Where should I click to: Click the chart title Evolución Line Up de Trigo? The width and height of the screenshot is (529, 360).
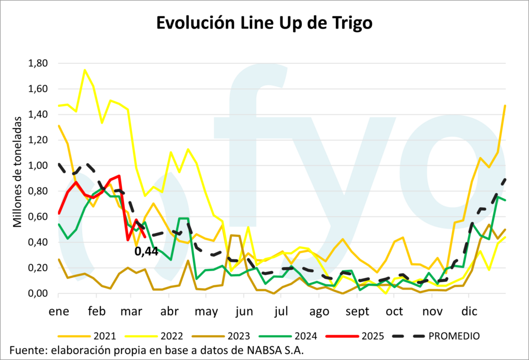pyautogui.click(x=264, y=23)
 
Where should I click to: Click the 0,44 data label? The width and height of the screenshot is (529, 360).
pyautogui.click(x=146, y=252)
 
